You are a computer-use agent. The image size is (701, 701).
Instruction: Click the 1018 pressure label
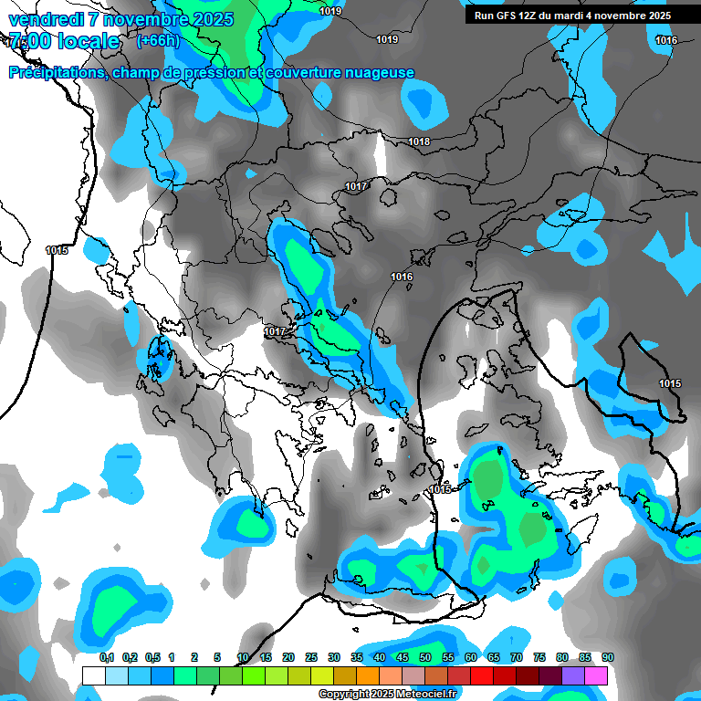click(419, 141)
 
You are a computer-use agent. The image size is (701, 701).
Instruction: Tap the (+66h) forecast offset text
click(158, 41)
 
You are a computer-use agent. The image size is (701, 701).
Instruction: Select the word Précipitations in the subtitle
click(56, 73)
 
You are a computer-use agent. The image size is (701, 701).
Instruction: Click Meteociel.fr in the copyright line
click(424, 695)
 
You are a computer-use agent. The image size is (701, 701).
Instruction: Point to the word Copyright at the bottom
click(344, 695)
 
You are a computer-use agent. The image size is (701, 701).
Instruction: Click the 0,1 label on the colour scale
click(107, 657)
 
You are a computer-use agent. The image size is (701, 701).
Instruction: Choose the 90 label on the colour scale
click(607, 657)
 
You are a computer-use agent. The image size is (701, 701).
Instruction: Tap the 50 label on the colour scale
click(425, 657)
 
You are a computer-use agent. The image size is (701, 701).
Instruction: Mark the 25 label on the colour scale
click(311, 657)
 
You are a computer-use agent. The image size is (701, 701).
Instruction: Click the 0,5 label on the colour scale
click(152, 657)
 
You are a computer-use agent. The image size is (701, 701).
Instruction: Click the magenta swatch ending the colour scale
click(596, 675)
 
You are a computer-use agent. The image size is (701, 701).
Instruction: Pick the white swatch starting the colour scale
click(93, 675)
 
